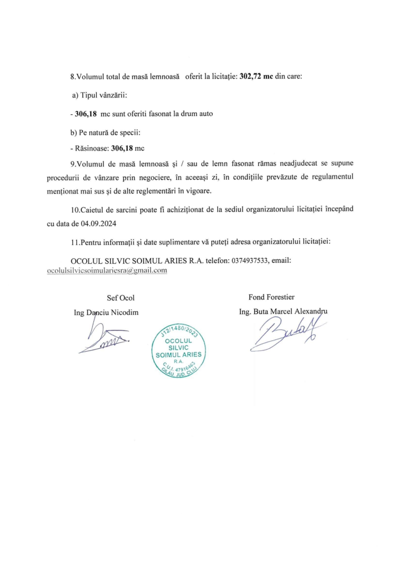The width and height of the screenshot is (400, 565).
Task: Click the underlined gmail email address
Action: [x=107, y=270]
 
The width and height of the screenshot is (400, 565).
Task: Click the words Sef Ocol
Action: [x=120, y=298]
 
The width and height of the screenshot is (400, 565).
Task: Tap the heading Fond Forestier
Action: [x=271, y=297]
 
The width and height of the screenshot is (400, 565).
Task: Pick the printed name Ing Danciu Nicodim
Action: [x=106, y=312]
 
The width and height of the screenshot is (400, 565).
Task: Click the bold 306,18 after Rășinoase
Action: [x=122, y=148]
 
